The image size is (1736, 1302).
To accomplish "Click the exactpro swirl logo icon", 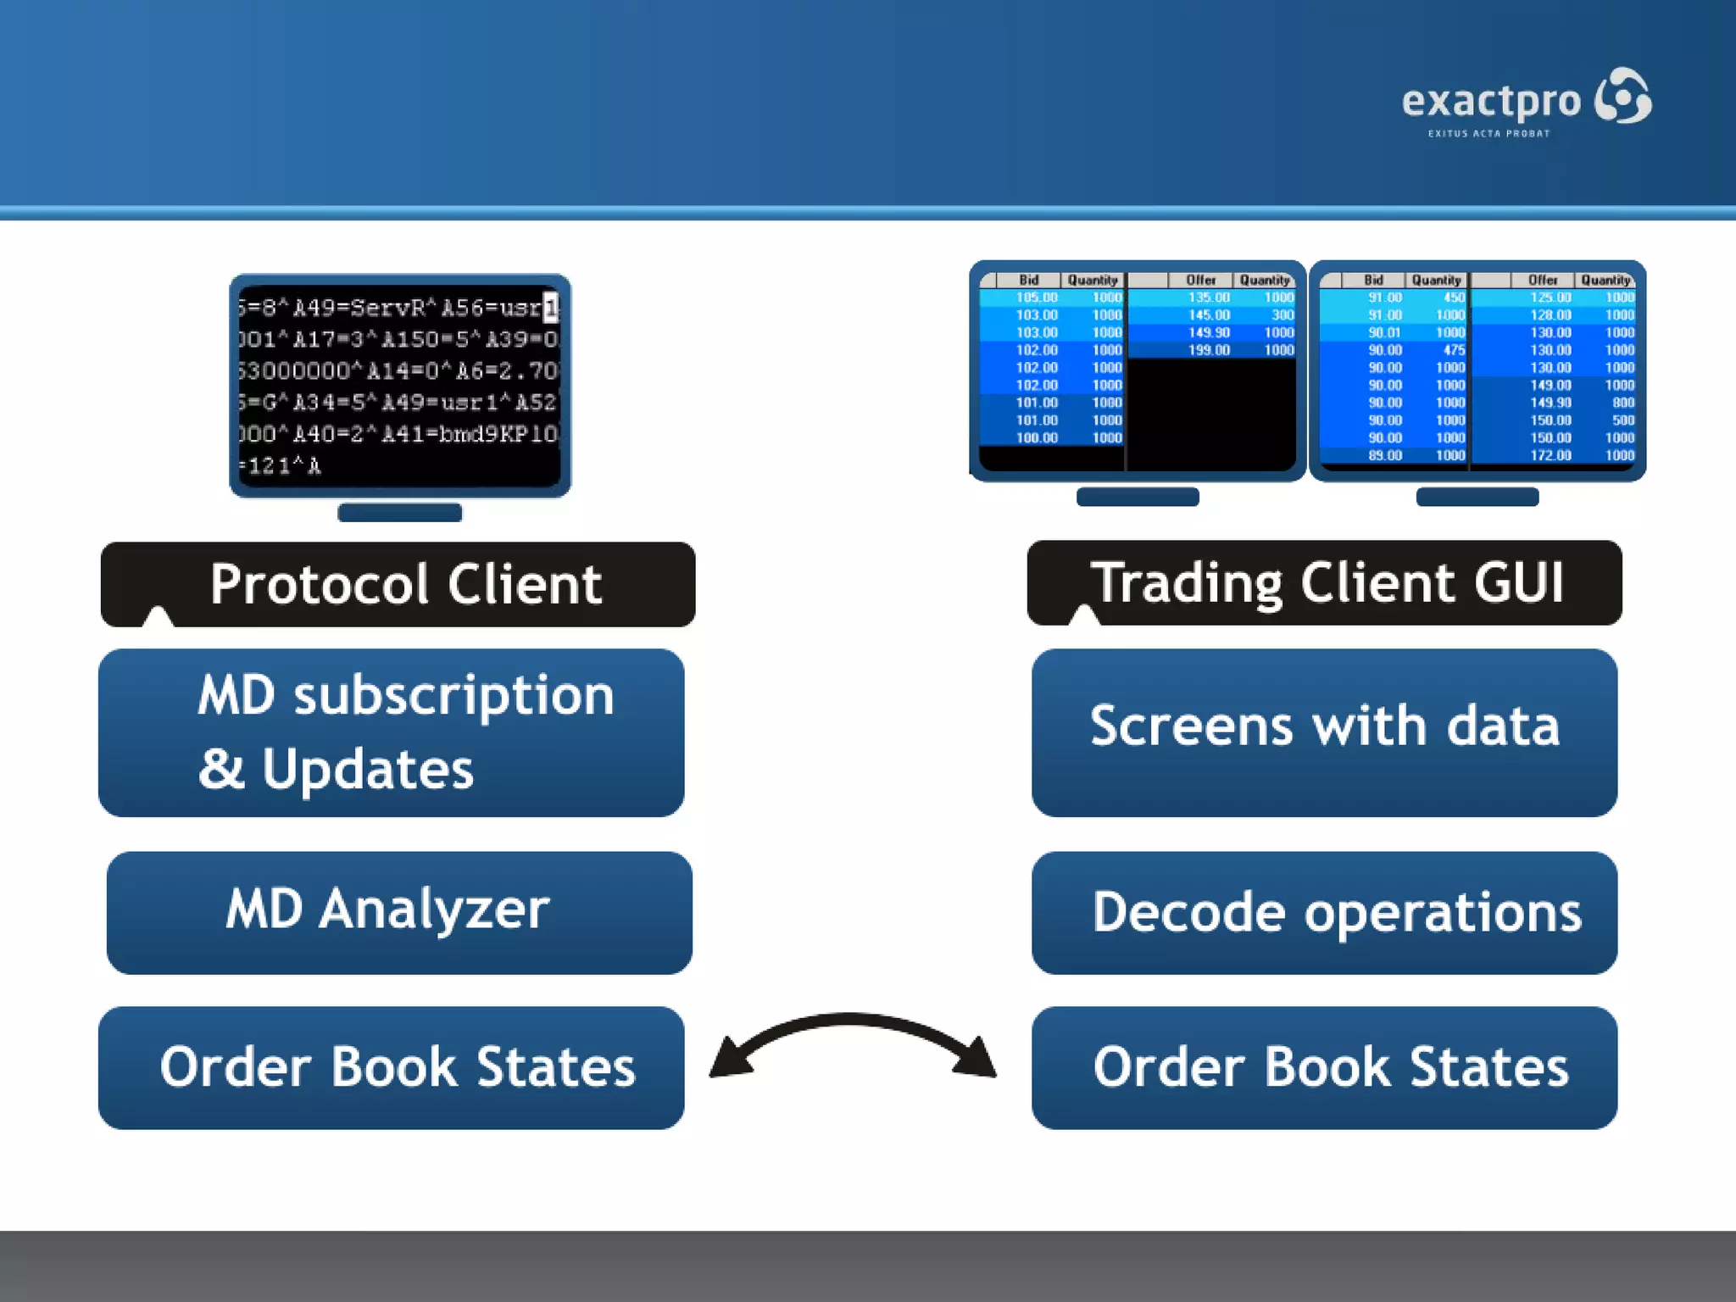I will coord(1622,96).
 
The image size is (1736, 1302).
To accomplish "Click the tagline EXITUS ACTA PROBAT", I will coord(1488,134).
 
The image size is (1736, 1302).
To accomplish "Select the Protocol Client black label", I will coord(398,584).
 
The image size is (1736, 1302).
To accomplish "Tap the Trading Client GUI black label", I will coord(1325,582).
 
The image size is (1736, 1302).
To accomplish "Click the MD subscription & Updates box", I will coord(392,732).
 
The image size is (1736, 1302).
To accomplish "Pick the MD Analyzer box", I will coord(399,912).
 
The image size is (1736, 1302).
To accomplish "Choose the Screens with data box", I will coord(1324,732).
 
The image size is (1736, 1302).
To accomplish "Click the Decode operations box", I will coord(1324,912).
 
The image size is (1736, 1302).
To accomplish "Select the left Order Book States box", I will coord(392,1067).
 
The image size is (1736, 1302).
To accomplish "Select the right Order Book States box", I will coord(1324,1067).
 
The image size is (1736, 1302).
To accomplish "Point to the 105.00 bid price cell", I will coord(1036,298).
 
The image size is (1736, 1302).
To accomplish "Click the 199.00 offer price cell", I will coord(1208,350).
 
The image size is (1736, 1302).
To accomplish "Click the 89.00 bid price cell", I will coord(1384,455).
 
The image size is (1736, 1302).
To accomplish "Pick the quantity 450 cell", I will coord(1453,298).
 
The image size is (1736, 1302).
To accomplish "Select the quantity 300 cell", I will coord(1283,315).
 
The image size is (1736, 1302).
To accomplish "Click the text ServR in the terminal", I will coord(387,308).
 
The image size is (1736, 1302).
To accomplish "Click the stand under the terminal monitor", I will coord(399,513).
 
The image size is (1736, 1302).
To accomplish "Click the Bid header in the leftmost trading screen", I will coord(1028,281).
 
